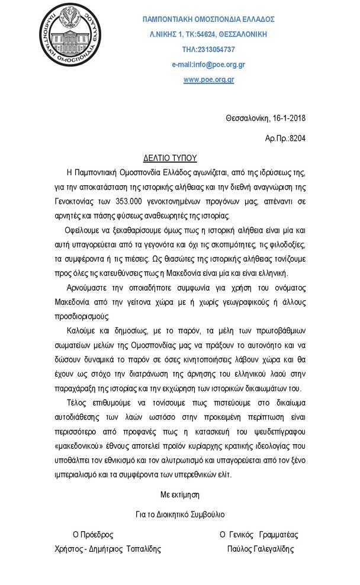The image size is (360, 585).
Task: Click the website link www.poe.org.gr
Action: [x=208, y=80]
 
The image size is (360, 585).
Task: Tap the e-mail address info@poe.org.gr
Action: [x=208, y=65]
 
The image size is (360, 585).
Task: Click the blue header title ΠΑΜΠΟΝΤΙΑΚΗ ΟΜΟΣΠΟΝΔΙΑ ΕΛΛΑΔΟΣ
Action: [x=208, y=19]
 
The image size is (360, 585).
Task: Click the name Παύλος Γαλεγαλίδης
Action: [x=260, y=549]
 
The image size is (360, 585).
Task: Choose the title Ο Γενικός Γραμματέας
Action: [x=259, y=534]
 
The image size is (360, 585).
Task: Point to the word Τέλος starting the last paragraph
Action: [x=76, y=416]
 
